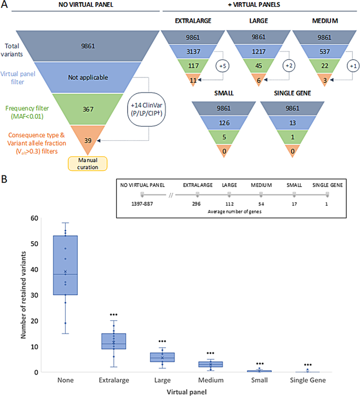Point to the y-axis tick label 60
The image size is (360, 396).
36,217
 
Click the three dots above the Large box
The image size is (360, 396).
162,341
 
